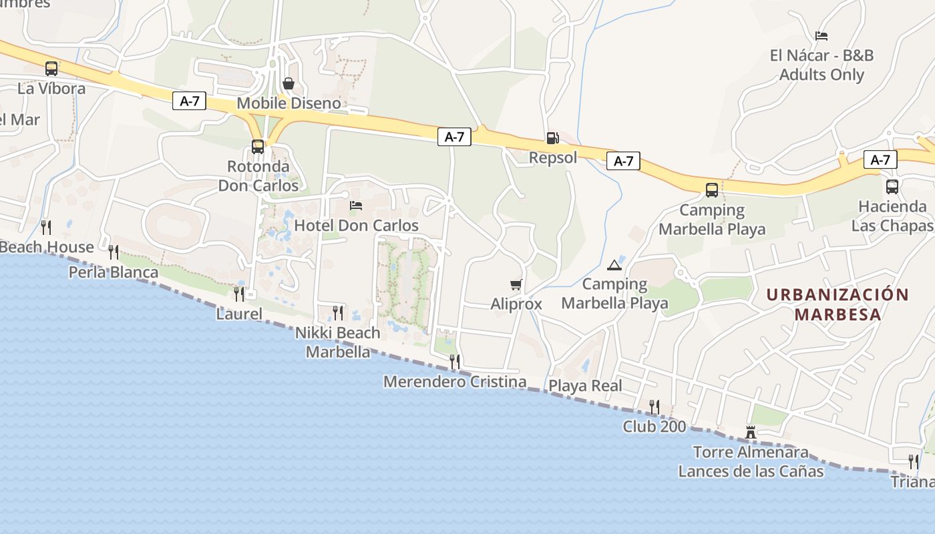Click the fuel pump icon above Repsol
552,138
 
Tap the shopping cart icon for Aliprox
516,285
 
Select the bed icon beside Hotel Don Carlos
356,205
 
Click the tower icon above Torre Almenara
751,433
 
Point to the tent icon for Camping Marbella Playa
614,265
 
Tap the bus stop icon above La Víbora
51,68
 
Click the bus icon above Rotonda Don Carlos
258,146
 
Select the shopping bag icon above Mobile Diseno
289,83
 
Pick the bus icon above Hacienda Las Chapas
892,186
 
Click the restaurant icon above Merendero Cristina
455,362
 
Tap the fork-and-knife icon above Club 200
654,407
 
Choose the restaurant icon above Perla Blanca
114,252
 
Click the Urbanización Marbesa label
837,304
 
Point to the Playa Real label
585,386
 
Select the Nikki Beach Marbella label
338,342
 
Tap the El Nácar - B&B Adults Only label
821,65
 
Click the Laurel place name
239,313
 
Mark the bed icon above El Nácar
821,36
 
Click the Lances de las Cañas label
751,471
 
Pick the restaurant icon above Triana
914,461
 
